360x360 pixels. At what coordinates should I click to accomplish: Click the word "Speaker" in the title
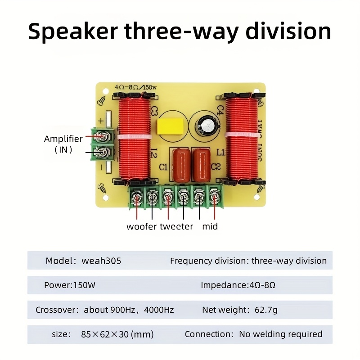click(73, 31)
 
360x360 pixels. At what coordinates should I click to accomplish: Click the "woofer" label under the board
click(142, 227)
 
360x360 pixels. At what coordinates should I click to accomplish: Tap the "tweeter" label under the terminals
click(176, 226)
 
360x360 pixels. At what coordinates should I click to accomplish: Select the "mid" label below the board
click(210, 226)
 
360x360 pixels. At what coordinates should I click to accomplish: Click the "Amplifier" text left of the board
click(63, 139)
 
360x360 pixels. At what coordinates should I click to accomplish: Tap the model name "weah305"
click(101, 261)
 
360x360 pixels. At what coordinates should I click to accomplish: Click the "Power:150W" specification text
click(70, 285)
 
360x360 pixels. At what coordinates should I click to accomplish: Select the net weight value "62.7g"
click(266, 310)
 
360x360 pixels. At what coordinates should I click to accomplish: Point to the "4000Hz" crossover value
click(159, 310)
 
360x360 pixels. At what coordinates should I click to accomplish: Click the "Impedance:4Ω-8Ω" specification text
click(238, 285)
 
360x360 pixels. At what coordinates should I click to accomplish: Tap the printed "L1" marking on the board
click(220, 152)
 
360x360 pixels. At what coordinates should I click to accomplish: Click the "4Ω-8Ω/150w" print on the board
click(136, 87)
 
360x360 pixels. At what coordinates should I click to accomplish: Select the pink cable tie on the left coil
click(135, 137)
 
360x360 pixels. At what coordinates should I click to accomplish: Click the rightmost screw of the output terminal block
click(215, 197)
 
